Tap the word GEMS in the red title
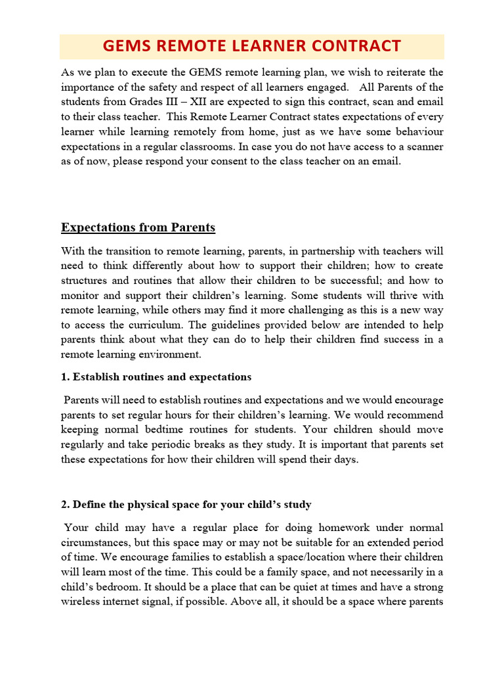127,46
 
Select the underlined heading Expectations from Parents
138,227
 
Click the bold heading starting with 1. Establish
156,377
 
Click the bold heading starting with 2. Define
186,504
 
